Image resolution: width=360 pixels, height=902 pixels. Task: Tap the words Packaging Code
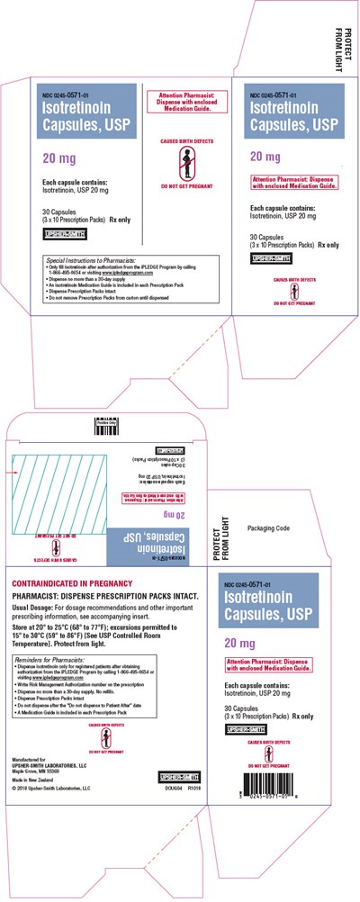[x=265, y=527]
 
